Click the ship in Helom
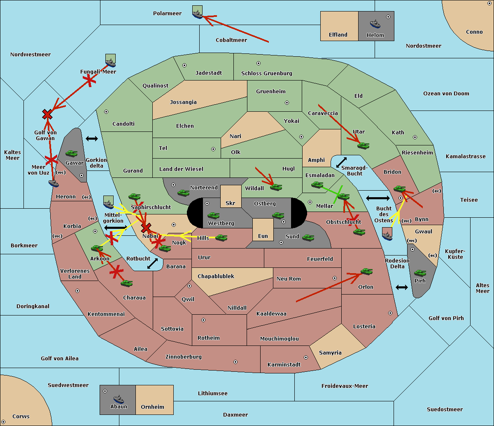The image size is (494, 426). (375, 24)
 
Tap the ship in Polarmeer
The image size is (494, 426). (198, 14)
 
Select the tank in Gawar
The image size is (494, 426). (72, 154)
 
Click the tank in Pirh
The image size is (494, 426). (420, 273)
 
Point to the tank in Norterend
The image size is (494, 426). (183, 193)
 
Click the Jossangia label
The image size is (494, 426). (183, 102)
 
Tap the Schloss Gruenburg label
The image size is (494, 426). (267, 73)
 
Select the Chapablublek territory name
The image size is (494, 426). (216, 276)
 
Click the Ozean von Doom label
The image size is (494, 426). (446, 94)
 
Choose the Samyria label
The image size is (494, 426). (330, 353)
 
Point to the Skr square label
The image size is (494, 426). (231, 203)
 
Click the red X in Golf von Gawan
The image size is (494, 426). (47, 114)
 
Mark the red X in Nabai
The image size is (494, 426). (146, 228)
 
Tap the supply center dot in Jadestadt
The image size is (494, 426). (184, 65)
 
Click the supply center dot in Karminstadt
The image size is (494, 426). (306, 357)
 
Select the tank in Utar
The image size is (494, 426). (363, 145)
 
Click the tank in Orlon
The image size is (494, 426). (367, 272)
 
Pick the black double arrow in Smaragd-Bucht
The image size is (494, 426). (341, 162)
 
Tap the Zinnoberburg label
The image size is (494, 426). (184, 357)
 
